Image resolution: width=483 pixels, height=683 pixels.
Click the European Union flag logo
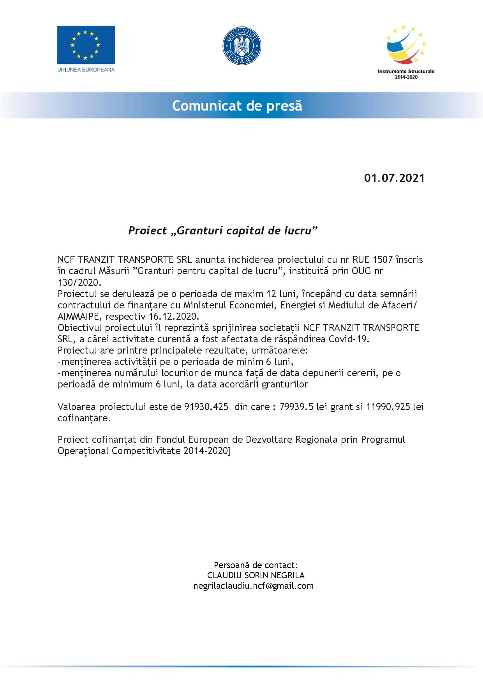point(86,45)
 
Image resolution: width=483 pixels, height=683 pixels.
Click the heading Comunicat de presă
point(237,106)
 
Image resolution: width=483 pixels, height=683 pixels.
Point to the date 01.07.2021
point(394,178)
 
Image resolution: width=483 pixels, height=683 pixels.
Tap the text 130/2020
point(79,282)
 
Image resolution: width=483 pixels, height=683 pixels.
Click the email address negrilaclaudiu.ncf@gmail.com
point(254,586)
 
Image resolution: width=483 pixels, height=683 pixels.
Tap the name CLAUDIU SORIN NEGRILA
point(256,575)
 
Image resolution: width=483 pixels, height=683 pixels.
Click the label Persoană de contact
point(256,565)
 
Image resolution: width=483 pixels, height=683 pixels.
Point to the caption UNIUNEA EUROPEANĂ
point(86,69)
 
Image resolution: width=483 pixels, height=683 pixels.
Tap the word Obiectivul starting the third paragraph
point(79,327)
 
